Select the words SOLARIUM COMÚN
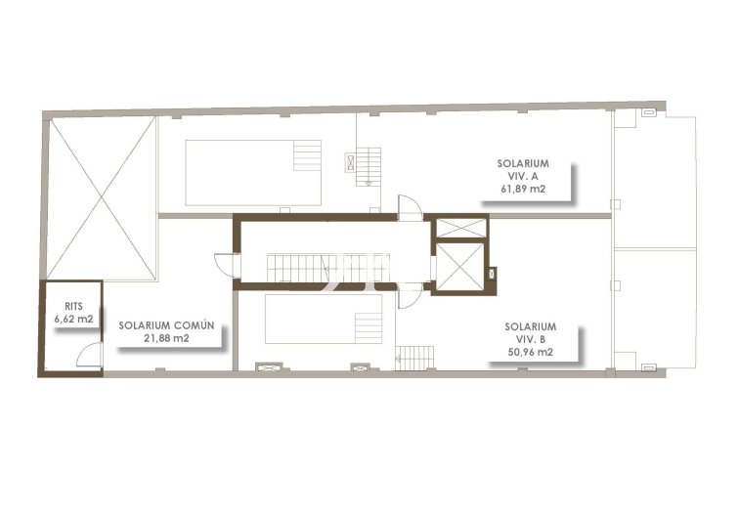click(x=160, y=325)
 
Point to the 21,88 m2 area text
click(x=162, y=338)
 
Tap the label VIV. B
click(x=531, y=339)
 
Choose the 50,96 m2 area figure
click(x=531, y=352)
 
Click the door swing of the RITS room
click(x=89, y=357)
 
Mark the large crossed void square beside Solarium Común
click(x=102, y=198)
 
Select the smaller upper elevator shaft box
click(x=460, y=228)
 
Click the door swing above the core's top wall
click(x=408, y=207)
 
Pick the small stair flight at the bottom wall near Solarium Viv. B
click(x=414, y=358)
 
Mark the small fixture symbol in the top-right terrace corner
click(x=647, y=113)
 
